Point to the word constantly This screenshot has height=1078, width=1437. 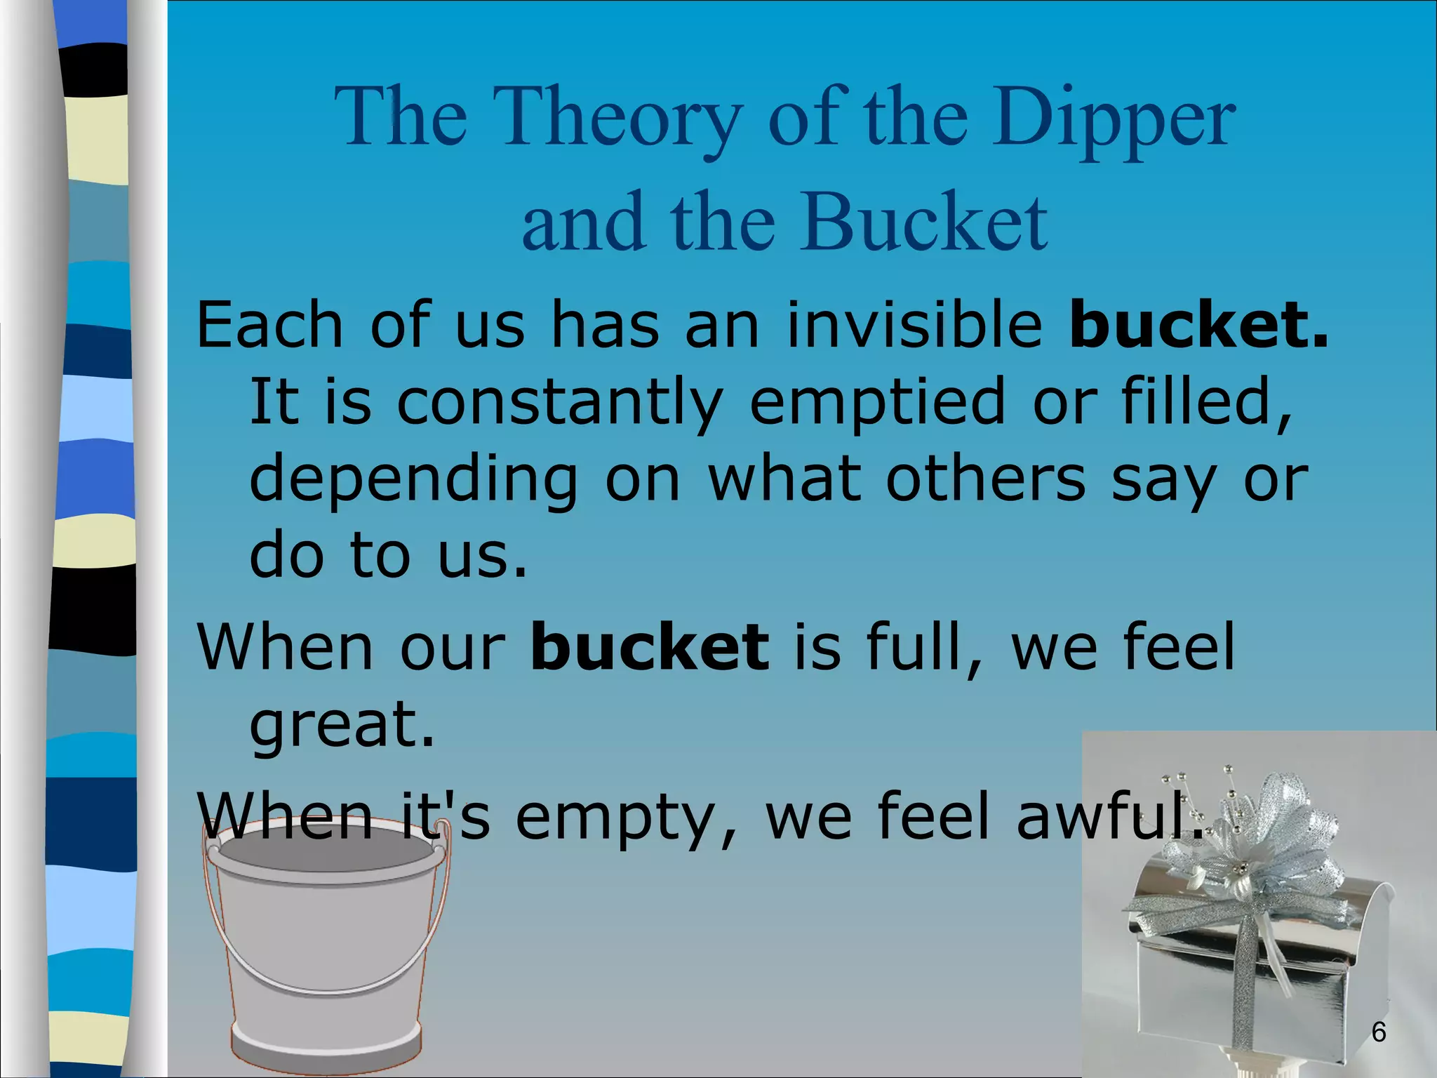(x=559, y=401)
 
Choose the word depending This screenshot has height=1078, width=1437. (x=414, y=480)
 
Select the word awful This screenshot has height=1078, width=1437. (x=1109, y=816)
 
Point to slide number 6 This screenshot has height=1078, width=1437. (x=1378, y=1032)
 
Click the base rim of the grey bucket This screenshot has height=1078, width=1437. (x=327, y=1046)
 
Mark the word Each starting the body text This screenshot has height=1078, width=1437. (x=269, y=324)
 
